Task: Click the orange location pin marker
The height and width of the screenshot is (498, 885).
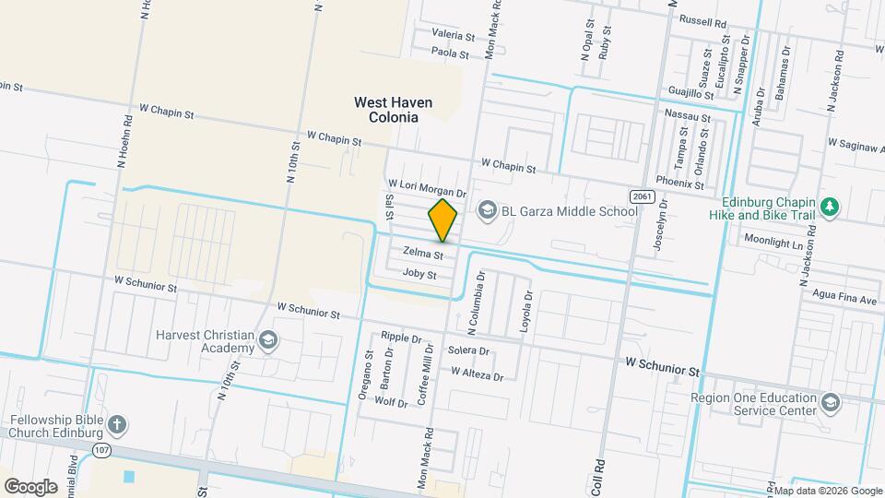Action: pyautogui.click(x=442, y=220)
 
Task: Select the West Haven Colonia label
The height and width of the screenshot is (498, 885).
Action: pyautogui.click(x=387, y=110)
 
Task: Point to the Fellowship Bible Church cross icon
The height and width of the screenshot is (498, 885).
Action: pyautogui.click(x=116, y=425)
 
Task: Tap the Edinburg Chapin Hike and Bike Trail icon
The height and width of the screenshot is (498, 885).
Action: pyautogui.click(x=830, y=207)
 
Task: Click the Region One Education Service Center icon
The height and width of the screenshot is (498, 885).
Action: pyautogui.click(x=830, y=403)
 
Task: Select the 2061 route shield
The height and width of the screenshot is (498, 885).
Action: pyautogui.click(x=643, y=196)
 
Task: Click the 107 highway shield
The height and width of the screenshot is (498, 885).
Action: pyautogui.click(x=100, y=448)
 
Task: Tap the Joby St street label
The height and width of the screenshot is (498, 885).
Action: pyautogui.click(x=419, y=275)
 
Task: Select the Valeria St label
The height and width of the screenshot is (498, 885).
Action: pyautogui.click(x=453, y=35)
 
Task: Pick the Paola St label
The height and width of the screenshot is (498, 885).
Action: pyautogui.click(x=452, y=53)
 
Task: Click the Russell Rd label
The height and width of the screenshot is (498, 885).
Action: pyautogui.click(x=702, y=20)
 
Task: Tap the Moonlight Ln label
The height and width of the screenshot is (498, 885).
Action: pyautogui.click(x=773, y=239)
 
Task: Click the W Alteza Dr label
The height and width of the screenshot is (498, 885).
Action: pyautogui.click(x=478, y=375)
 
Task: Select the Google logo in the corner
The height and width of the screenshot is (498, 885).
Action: pyautogui.click(x=30, y=486)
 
